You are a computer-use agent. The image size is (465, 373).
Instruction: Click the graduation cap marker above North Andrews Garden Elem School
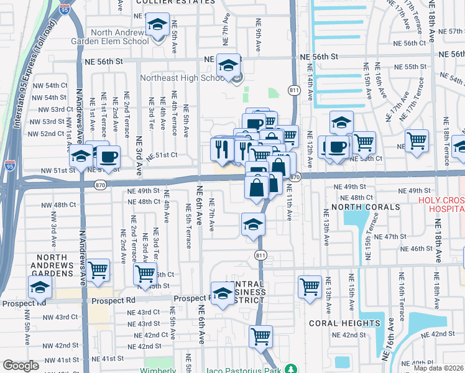157,25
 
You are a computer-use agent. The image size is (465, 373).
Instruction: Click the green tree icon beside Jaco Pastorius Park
290,369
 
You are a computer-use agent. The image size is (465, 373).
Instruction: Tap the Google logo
21,366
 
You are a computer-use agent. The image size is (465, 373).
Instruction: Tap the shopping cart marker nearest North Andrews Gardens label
98,270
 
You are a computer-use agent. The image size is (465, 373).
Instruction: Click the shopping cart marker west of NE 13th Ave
310,287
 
